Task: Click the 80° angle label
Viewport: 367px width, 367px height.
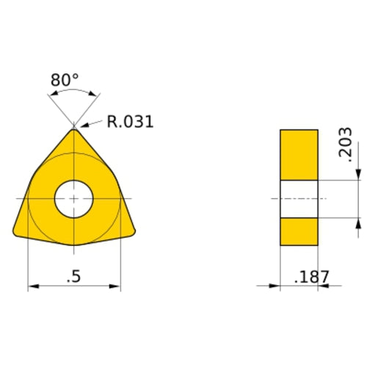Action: pyautogui.click(x=65, y=79)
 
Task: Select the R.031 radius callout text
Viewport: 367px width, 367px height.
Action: pyautogui.click(x=130, y=122)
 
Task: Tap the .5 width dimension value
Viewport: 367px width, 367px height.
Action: pyautogui.click(x=73, y=277)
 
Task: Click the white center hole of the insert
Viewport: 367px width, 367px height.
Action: pyautogui.click(x=73, y=199)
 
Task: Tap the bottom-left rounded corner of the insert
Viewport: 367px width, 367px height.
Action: pyautogui.click(x=18, y=231)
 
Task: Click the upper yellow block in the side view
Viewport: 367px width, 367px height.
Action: pyautogui.click(x=299, y=154)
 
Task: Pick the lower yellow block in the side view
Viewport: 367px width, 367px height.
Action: pyautogui.click(x=299, y=231)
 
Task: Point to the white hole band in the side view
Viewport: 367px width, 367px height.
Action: pyautogui.click(x=299, y=199)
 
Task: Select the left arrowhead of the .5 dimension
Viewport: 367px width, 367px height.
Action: pyautogui.click(x=32, y=286)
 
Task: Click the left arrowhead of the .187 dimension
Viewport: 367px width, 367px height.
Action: pyautogui.click(x=275, y=286)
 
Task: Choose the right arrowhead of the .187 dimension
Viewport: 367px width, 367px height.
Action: pyautogui.click(x=323, y=286)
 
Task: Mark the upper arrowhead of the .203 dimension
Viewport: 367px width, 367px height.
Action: pyautogui.click(x=358, y=175)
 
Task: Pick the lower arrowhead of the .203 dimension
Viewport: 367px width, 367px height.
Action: pyautogui.click(x=358, y=222)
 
